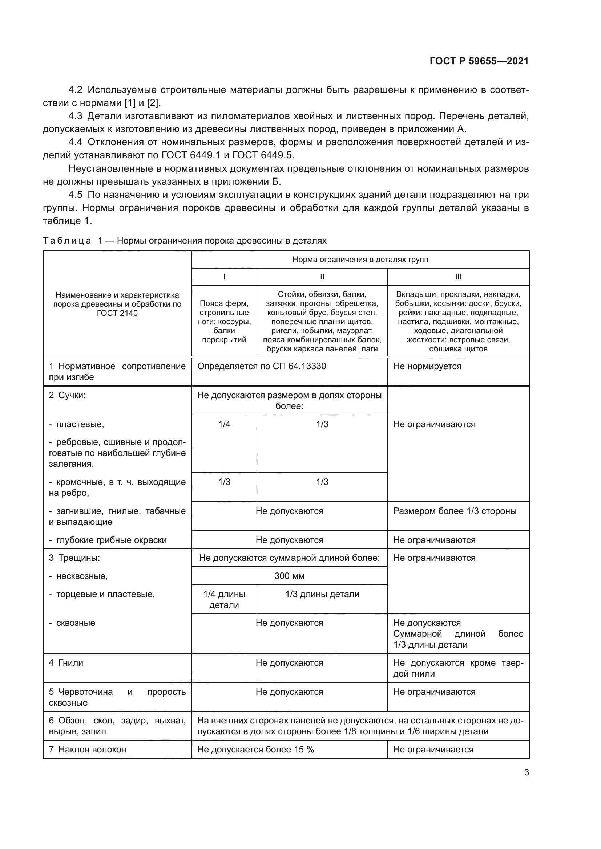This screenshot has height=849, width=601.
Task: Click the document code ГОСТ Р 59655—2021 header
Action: pos(479,61)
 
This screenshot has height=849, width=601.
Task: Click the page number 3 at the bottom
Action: pos(526,772)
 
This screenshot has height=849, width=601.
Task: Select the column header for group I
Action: pos(224,277)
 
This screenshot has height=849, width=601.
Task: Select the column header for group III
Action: pos(458,277)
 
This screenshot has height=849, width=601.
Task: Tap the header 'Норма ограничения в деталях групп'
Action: pos(360,259)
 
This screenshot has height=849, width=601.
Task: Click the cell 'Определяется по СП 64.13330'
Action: pos(262,366)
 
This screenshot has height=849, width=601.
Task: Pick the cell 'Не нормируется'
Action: pos(427,366)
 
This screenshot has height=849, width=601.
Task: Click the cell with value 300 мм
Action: pos(289,576)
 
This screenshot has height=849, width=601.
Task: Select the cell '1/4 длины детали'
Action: pos(224,599)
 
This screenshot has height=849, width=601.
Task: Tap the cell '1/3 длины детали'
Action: pos(322,594)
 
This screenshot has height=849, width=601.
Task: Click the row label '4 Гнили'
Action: pos(66,663)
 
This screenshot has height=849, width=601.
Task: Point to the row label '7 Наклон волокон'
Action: pos(87,749)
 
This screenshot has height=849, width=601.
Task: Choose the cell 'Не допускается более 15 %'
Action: pos(256,749)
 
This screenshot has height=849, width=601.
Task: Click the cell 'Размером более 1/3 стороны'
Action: pos(455,511)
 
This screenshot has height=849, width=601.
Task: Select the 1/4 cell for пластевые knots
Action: pos(224,424)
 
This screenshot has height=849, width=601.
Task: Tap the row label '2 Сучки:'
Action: pos(67,395)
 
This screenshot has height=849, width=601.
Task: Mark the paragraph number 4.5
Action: pos(76,195)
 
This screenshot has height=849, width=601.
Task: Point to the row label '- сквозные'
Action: pos(75,623)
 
